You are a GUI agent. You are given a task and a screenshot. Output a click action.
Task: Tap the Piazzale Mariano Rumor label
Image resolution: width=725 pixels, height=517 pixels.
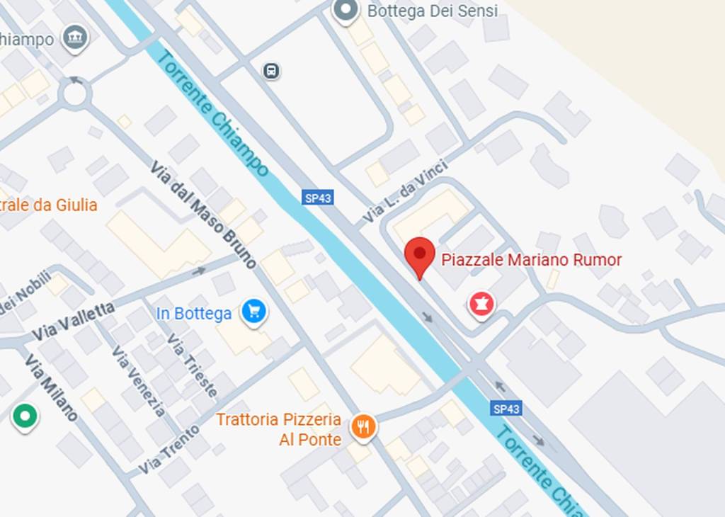[531, 260]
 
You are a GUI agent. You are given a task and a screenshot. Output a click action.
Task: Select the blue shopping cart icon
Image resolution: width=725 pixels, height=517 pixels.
[253, 312]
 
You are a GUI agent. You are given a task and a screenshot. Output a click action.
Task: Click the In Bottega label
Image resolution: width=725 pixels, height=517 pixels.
[193, 313]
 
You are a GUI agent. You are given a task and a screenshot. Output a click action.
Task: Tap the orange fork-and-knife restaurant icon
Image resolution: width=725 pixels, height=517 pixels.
[363, 427]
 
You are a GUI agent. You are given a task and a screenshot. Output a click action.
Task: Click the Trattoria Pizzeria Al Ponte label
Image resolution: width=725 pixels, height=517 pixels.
[279, 429]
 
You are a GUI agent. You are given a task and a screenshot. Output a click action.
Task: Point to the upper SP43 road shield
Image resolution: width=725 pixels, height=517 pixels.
[318, 198]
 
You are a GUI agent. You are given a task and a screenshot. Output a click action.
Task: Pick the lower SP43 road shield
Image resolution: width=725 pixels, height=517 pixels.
[506, 409]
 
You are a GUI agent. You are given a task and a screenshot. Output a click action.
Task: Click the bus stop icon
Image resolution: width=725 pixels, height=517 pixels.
[271, 71]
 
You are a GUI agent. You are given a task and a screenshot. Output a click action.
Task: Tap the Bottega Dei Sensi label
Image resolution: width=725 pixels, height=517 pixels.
[432, 11]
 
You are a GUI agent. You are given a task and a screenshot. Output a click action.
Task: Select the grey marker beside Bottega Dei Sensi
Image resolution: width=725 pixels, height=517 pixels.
[346, 11]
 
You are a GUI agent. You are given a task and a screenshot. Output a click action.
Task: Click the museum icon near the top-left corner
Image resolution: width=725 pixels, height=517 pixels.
[74, 38]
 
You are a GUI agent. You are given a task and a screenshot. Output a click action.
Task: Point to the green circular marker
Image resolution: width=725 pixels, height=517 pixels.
[25, 416]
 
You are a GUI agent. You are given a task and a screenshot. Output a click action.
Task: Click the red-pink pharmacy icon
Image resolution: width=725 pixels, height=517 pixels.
[481, 305]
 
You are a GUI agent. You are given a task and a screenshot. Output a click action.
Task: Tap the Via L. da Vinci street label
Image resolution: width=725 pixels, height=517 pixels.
[405, 192]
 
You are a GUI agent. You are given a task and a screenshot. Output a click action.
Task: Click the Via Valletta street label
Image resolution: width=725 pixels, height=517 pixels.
[73, 321]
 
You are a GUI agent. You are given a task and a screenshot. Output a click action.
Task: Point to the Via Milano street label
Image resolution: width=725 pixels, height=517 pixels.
[51, 387]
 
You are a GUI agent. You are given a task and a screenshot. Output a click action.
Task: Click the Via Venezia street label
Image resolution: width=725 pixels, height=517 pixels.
[139, 381]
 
